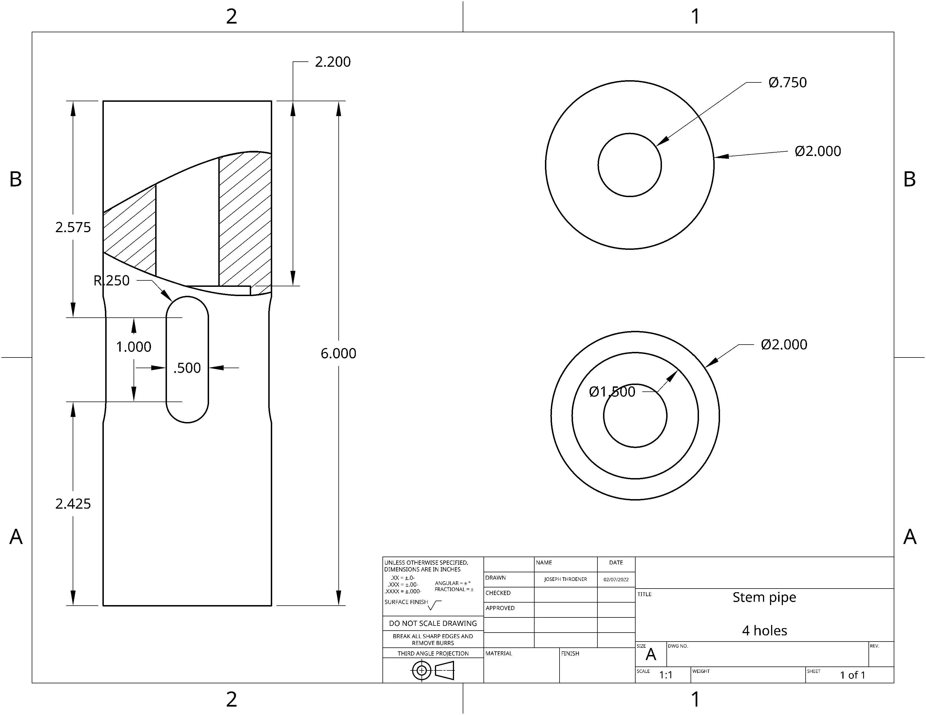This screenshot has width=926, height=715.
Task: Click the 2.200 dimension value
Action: (333, 62)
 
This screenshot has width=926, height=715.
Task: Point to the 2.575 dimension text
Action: (73, 227)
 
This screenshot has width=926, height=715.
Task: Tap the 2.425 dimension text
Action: (73, 504)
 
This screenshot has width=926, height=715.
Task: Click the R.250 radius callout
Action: (111, 280)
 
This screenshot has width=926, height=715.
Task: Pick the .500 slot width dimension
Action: (187, 368)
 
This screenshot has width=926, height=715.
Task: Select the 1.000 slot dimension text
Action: (134, 347)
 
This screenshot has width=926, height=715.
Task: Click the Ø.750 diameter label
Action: (787, 82)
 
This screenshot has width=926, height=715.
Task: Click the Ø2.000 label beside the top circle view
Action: (817, 151)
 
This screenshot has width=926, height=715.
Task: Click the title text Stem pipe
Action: (764, 597)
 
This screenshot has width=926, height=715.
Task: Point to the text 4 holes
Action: (764, 631)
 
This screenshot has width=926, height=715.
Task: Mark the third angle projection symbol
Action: (432, 670)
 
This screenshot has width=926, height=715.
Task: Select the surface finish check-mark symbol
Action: (434, 605)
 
